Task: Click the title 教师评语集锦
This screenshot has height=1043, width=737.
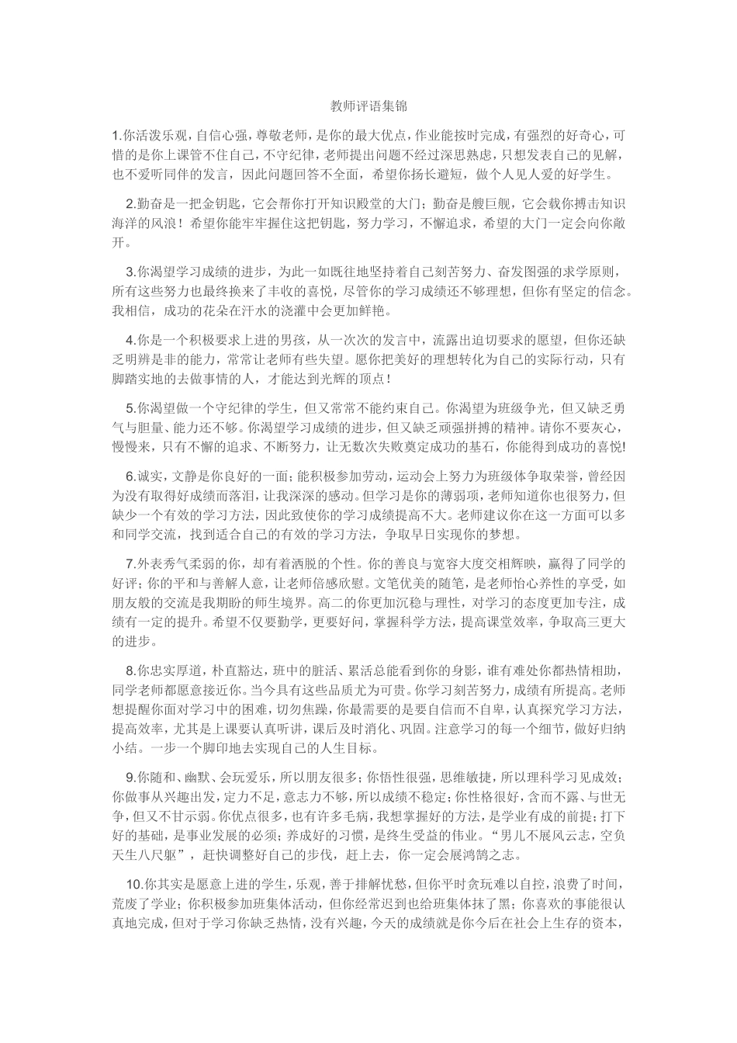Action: coord(368,106)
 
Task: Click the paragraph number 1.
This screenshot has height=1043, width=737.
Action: coord(115,134)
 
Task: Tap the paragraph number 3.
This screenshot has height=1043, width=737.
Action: coord(130,272)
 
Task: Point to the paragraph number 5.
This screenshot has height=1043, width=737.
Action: coord(130,407)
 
